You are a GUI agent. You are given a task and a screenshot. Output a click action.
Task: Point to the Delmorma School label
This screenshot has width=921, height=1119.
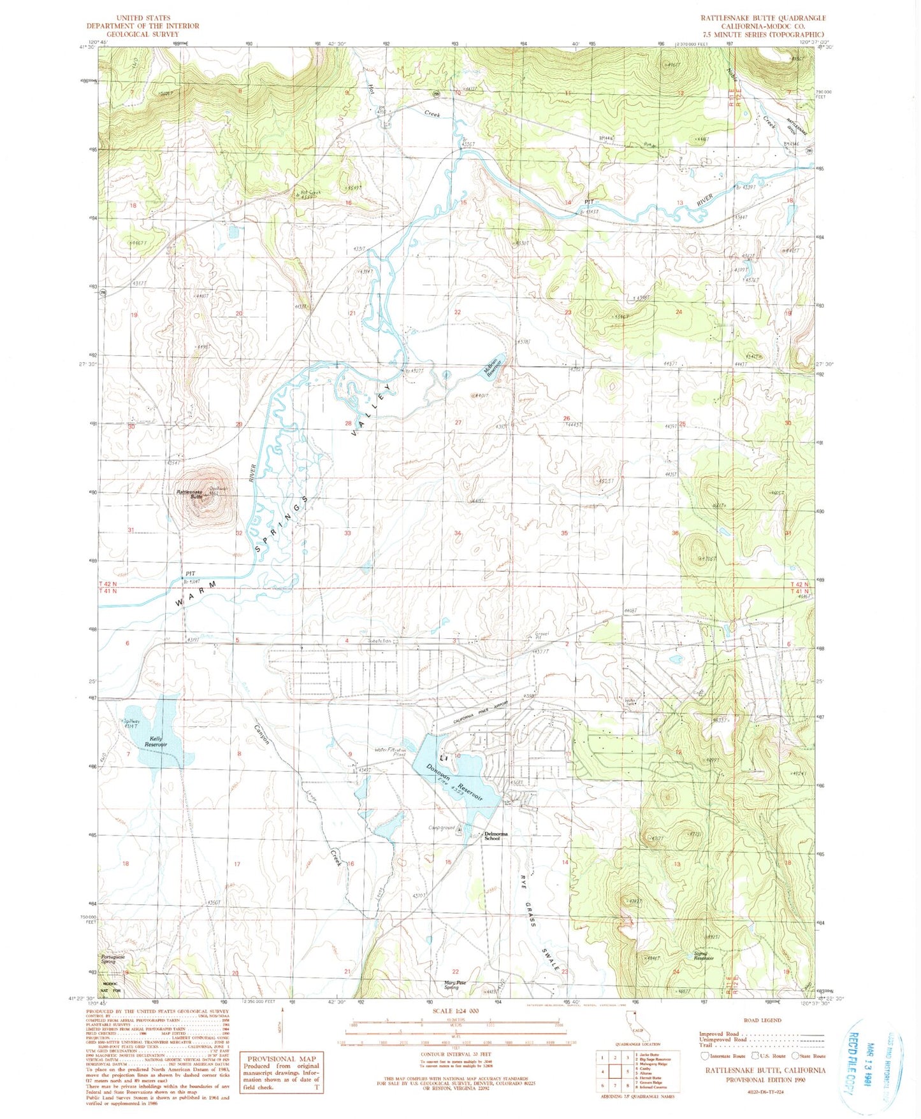497,836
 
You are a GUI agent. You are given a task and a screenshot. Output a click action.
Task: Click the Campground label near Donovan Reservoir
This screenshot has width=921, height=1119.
442,828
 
